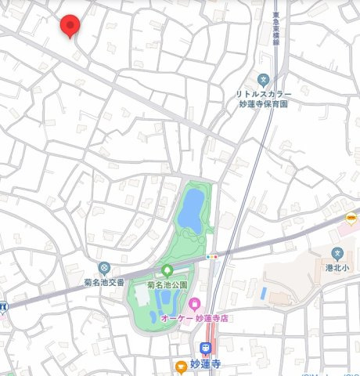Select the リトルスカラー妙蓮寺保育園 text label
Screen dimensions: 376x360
[262, 98]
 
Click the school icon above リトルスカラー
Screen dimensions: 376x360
[263, 78]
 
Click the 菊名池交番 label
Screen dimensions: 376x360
[105, 282]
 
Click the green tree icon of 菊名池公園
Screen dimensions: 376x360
[167, 269]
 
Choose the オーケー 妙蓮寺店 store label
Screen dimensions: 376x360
[194, 317]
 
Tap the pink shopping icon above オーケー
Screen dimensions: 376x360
[194, 303]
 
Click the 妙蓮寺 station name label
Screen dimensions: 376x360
[207, 364]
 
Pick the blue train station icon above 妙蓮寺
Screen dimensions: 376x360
[207, 349]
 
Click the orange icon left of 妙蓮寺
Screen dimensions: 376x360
[181, 364]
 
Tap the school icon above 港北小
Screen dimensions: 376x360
[337, 253]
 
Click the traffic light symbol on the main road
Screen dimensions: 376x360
[211, 256]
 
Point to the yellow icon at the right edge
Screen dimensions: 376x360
[351, 218]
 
